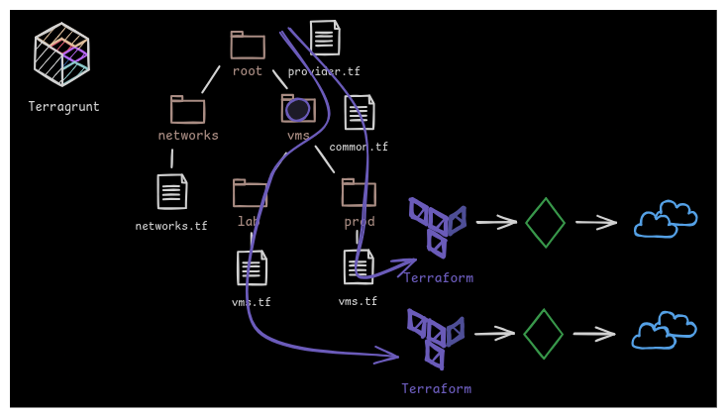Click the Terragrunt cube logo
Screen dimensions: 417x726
[x=61, y=54]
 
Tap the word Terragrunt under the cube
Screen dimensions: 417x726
[x=63, y=107]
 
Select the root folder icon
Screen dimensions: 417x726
[x=248, y=46]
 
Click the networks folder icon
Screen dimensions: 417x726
[x=187, y=110]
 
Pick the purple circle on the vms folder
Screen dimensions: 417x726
[x=298, y=110]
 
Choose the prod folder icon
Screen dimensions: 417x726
[x=359, y=192]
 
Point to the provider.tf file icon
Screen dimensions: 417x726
[x=325, y=39]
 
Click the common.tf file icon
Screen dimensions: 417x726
[x=360, y=113]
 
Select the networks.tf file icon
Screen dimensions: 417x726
[x=172, y=192]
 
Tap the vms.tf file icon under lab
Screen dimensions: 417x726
[x=252, y=268]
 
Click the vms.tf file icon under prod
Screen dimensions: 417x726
[x=359, y=267]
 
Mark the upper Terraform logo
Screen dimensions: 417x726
[x=437, y=225]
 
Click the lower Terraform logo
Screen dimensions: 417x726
[x=435, y=337]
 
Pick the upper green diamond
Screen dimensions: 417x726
[x=545, y=223]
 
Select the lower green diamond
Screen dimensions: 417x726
[x=543, y=334]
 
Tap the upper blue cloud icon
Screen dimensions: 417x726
[x=666, y=220]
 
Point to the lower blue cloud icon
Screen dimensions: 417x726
[x=664, y=331]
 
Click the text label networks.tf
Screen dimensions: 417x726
[x=171, y=226]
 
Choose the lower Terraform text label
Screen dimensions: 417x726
[x=436, y=389]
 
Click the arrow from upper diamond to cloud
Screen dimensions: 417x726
[x=596, y=222]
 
